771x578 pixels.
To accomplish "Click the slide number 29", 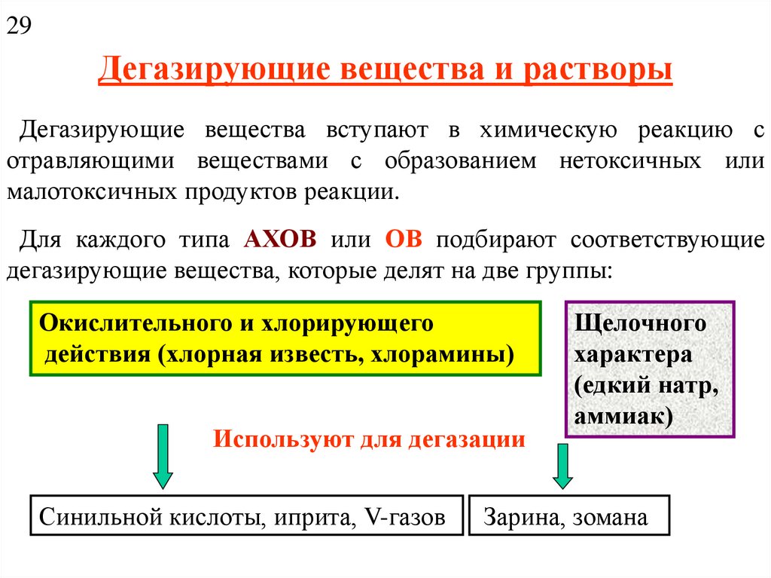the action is [19, 27].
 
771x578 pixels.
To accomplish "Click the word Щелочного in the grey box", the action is [640, 323].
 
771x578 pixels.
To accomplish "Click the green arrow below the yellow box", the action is [163, 456].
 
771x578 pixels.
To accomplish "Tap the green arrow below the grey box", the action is [562, 466].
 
